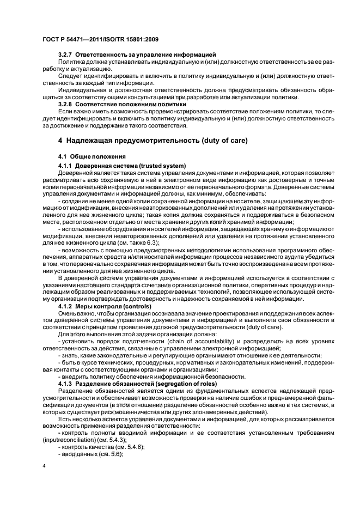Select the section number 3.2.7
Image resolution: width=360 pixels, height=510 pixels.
coord(66,55)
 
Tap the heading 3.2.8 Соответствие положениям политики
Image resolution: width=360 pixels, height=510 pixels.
coord(122,104)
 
